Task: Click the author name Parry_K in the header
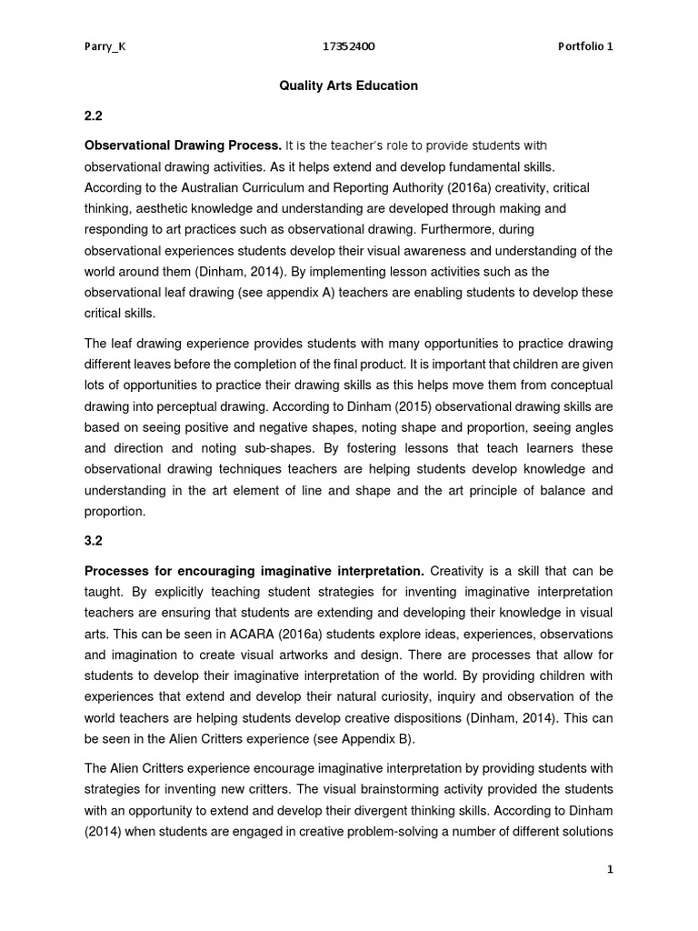[x=105, y=48]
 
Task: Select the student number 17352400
[x=349, y=48]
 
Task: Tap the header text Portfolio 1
[x=586, y=48]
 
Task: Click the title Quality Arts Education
[x=349, y=85]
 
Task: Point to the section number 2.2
[x=94, y=116]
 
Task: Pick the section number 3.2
[x=94, y=540]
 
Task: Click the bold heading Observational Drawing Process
[x=183, y=145]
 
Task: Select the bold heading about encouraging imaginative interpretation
[x=254, y=570]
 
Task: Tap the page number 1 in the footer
[x=611, y=869]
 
